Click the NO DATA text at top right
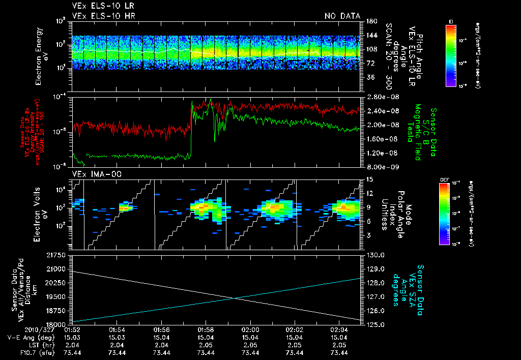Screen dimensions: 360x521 tap(342, 16)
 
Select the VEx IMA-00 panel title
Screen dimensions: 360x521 tap(93, 174)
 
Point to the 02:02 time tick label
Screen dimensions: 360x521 tap(295, 330)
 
